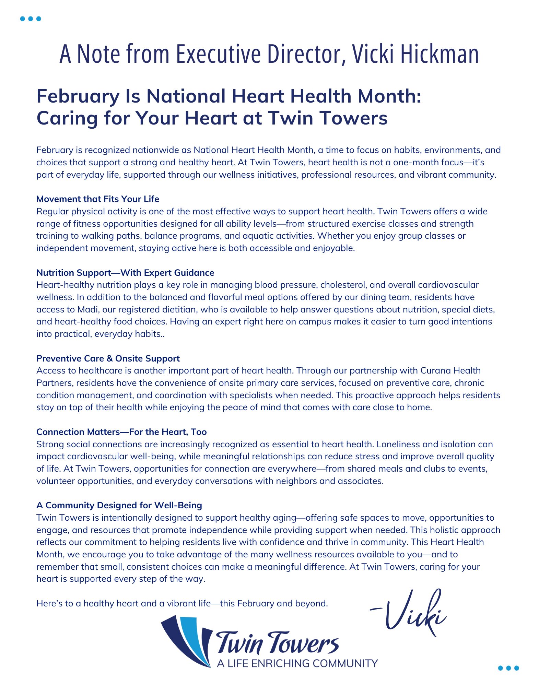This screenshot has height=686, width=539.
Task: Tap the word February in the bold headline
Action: (x=78, y=96)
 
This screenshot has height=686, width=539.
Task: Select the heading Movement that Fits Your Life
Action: (x=98, y=199)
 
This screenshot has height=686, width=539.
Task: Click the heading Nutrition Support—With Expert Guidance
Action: (x=125, y=273)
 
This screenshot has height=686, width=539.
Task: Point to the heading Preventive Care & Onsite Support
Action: (x=108, y=358)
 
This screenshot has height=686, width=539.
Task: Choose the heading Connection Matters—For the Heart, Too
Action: (x=121, y=432)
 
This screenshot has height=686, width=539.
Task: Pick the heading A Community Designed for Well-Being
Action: (x=119, y=505)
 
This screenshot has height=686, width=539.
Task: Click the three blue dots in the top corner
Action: (x=31, y=19)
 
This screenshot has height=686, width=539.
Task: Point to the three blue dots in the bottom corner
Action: (x=508, y=668)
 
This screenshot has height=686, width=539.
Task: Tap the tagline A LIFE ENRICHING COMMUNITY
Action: (x=297, y=663)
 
